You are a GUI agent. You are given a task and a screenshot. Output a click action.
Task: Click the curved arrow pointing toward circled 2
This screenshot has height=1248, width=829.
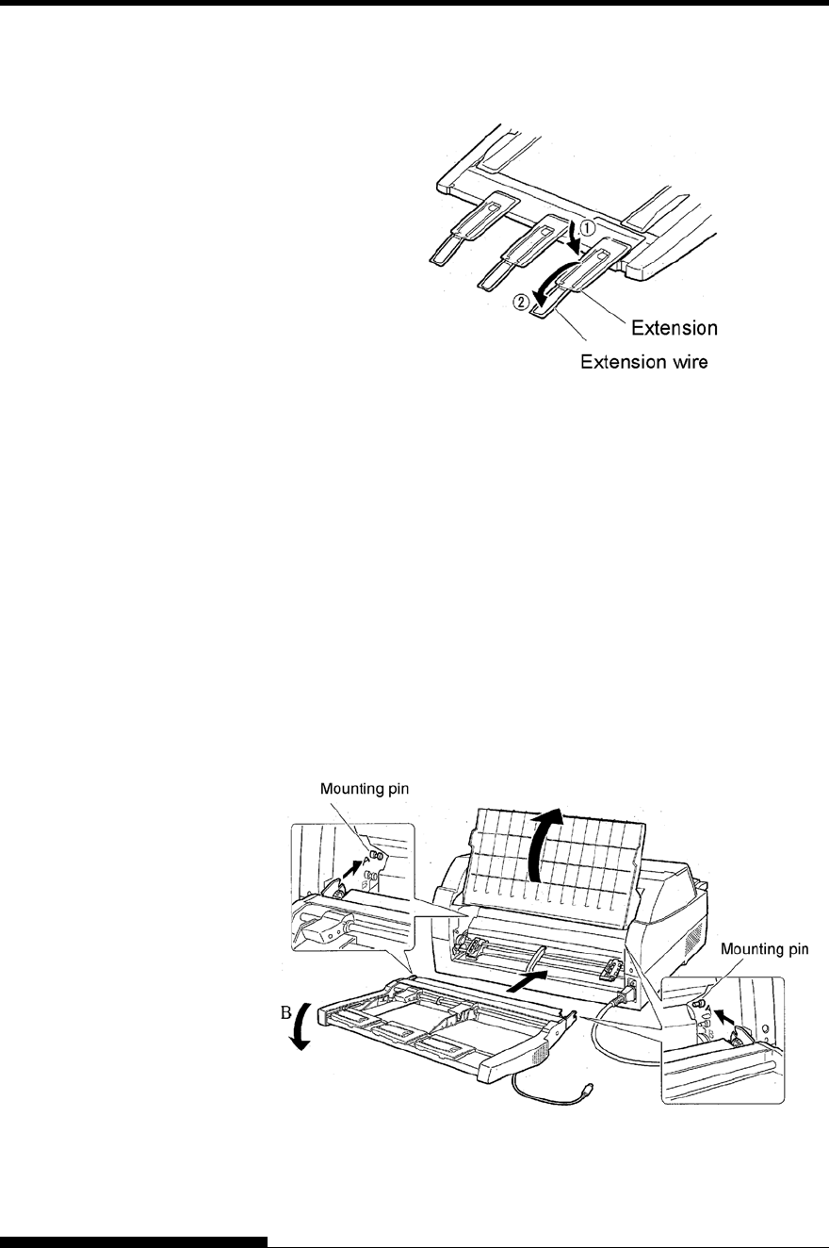click(556, 283)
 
